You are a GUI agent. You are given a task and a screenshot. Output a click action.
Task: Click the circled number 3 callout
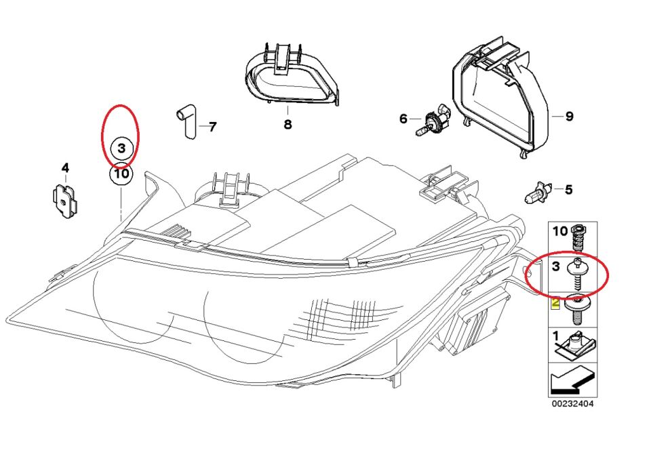pyautogui.click(x=121, y=148)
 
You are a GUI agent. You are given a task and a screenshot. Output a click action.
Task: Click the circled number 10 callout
pyautogui.click(x=121, y=174)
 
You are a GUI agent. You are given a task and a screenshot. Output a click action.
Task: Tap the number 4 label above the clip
pyautogui.click(x=65, y=167)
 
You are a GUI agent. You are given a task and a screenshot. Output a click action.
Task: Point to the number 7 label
pyautogui.click(x=212, y=127)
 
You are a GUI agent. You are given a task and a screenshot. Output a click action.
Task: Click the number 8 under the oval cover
pyautogui.click(x=288, y=125)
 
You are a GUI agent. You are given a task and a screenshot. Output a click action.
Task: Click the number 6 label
pyautogui.click(x=403, y=119)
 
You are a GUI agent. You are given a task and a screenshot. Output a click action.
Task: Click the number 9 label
pyautogui.click(x=569, y=117)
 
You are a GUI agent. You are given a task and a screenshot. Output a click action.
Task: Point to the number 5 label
pyautogui.click(x=569, y=189)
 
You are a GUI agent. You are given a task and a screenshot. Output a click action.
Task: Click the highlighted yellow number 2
pyautogui.click(x=555, y=302)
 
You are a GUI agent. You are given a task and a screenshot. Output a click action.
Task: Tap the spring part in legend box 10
pyautogui.click(x=578, y=238)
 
